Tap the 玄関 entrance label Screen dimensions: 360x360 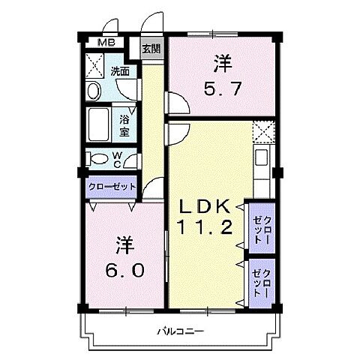click(x=151, y=49)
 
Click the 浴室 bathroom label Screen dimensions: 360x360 click(x=125, y=124)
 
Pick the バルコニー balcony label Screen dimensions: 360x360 click(x=181, y=330)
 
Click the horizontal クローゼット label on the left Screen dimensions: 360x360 click(x=112, y=186)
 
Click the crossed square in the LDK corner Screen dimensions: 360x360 click(x=263, y=132)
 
